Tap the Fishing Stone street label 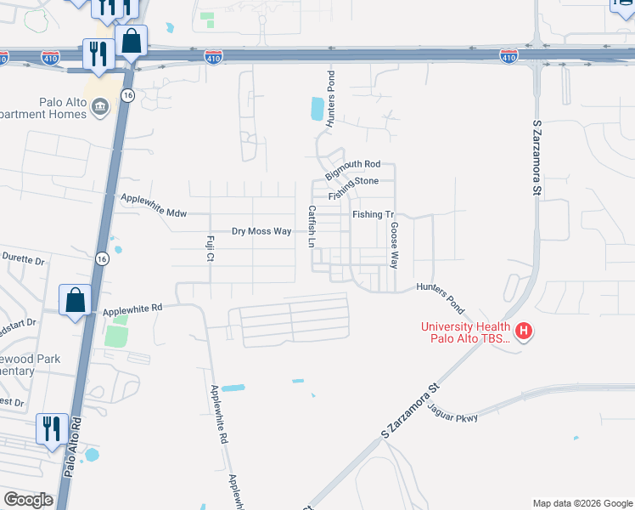pyautogui.click(x=359, y=181)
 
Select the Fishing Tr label pyautogui.click(x=374, y=215)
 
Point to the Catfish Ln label pyautogui.click(x=312, y=226)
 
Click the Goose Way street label pyautogui.click(x=394, y=245)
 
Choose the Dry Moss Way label pyautogui.click(x=261, y=231)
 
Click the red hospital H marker pyautogui.click(x=524, y=331)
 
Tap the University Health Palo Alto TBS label pyautogui.click(x=467, y=332)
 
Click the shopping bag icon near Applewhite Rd pyautogui.click(x=75, y=300)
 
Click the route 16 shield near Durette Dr pyautogui.click(x=101, y=259)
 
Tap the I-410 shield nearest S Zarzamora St pyautogui.click(x=509, y=56)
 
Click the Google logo pyautogui.click(x=28, y=500)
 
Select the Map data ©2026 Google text pyautogui.click(x=582, y=503)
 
